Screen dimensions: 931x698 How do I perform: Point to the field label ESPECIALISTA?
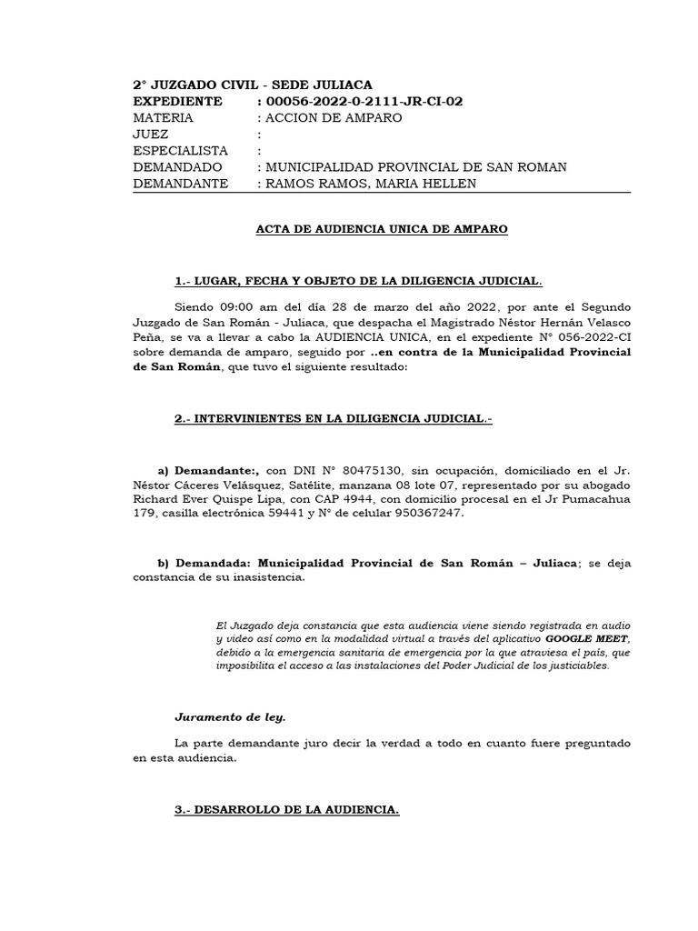[x=181, y=151]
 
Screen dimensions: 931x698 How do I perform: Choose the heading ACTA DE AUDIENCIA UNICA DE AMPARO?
[x=381, y=229]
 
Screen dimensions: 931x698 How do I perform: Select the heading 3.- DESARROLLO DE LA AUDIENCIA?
[x=287, y=809]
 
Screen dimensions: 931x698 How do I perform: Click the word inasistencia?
[x=261, y=577]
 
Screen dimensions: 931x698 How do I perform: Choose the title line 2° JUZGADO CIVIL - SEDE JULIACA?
[x=253, y=84]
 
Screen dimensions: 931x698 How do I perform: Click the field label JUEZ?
[x=150, y=135]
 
